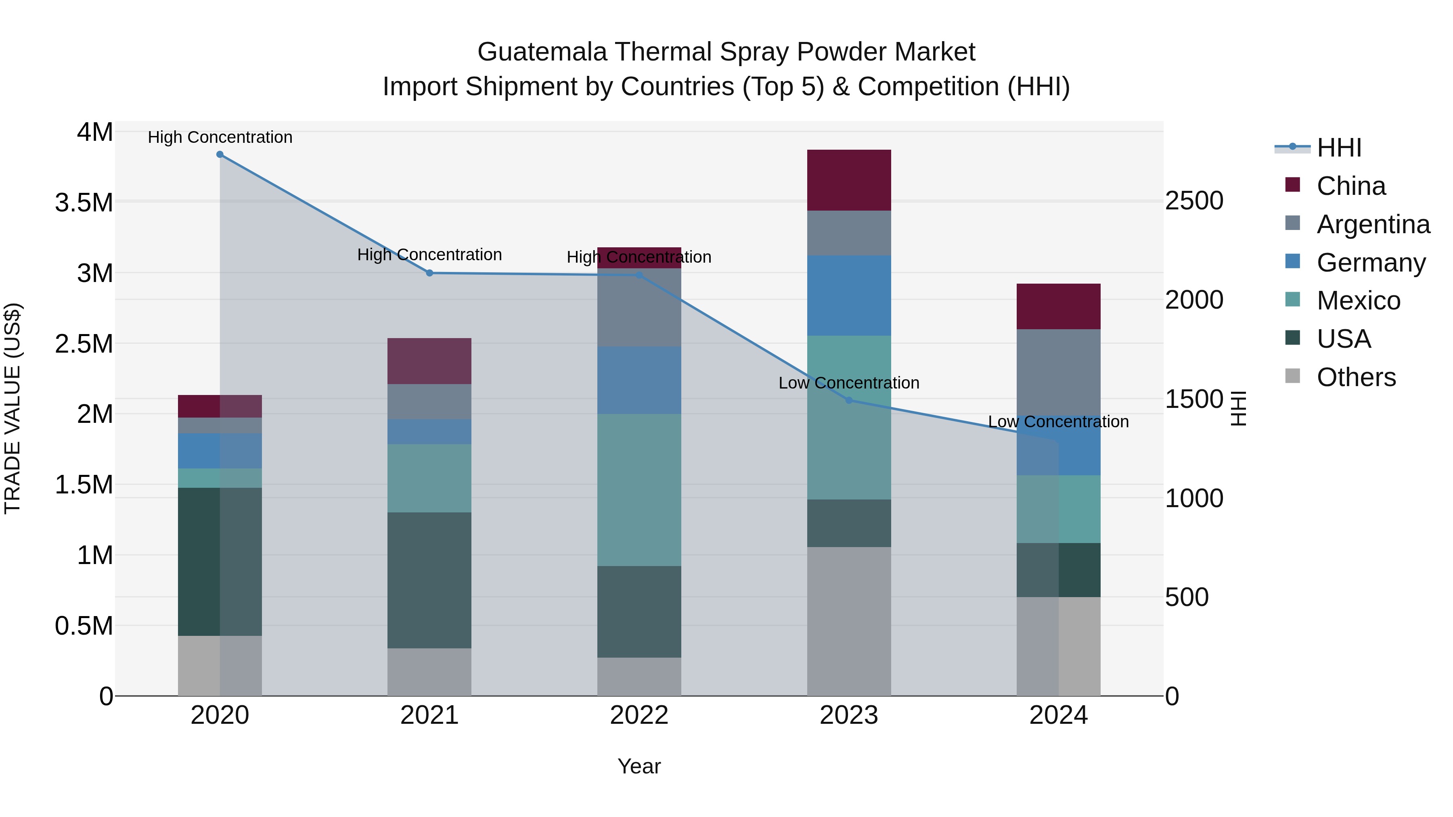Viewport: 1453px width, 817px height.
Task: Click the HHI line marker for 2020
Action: [x=220, y=155]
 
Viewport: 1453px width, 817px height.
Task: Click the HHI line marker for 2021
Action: [x=429, y=273]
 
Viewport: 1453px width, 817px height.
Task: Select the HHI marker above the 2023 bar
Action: [x=849, y=400]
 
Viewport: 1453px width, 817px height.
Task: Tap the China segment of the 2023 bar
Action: [x=849, y=180]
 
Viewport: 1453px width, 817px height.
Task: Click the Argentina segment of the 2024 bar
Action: [x=1058, y=372]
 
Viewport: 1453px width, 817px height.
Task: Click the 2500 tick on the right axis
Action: [x=1194, y=201]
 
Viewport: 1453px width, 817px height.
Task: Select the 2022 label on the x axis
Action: [x=639, y=715]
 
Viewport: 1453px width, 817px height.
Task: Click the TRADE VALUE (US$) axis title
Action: [x=13, y=408]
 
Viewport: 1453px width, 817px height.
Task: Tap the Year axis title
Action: [x=639, y=766]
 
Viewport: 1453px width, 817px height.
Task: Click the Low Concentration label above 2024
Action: [x=1058, y=422]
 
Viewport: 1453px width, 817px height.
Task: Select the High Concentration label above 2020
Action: [x=220, y=138]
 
